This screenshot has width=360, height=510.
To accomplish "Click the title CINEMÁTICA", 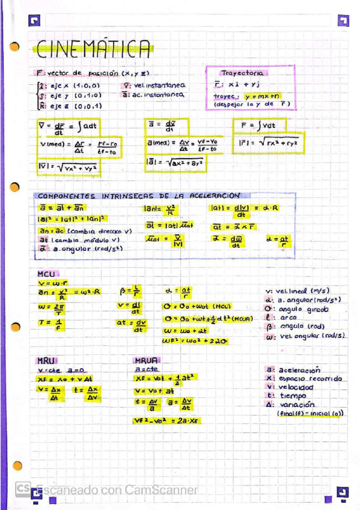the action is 93,48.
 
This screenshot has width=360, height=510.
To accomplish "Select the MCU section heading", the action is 46,274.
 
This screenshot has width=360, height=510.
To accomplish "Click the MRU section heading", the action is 46,360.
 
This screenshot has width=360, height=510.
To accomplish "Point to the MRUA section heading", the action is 146,360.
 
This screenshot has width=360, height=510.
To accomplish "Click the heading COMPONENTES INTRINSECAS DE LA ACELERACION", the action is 139,195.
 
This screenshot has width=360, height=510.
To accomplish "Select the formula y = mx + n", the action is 263,96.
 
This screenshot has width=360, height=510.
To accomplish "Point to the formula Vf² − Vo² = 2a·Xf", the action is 168,421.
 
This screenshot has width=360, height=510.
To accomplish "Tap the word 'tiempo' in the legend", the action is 293,396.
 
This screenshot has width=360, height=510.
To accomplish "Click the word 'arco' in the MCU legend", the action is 288,318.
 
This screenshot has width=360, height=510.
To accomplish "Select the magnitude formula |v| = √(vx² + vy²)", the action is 67,168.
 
